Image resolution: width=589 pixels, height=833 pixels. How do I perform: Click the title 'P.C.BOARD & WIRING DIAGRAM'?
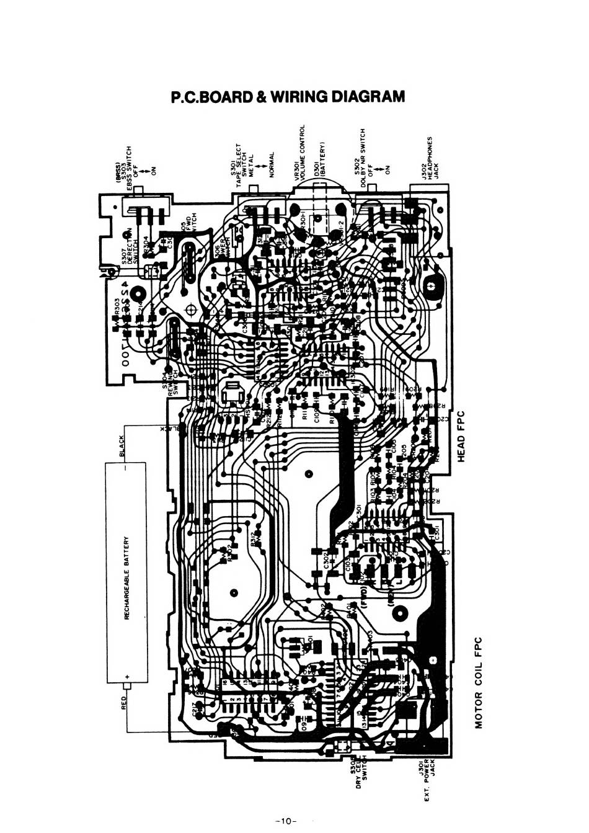tap(288, 97)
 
